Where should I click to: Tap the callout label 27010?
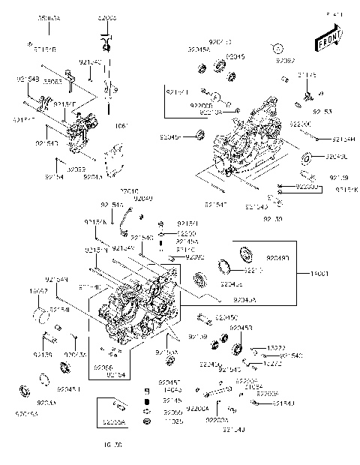(x=130, y=192)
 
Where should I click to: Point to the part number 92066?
(x=104, y=367)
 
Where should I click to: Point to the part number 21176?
(x=307, y=75)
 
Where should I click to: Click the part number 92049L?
(x=336, y=157)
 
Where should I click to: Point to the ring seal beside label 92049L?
(x=306, y=159)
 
